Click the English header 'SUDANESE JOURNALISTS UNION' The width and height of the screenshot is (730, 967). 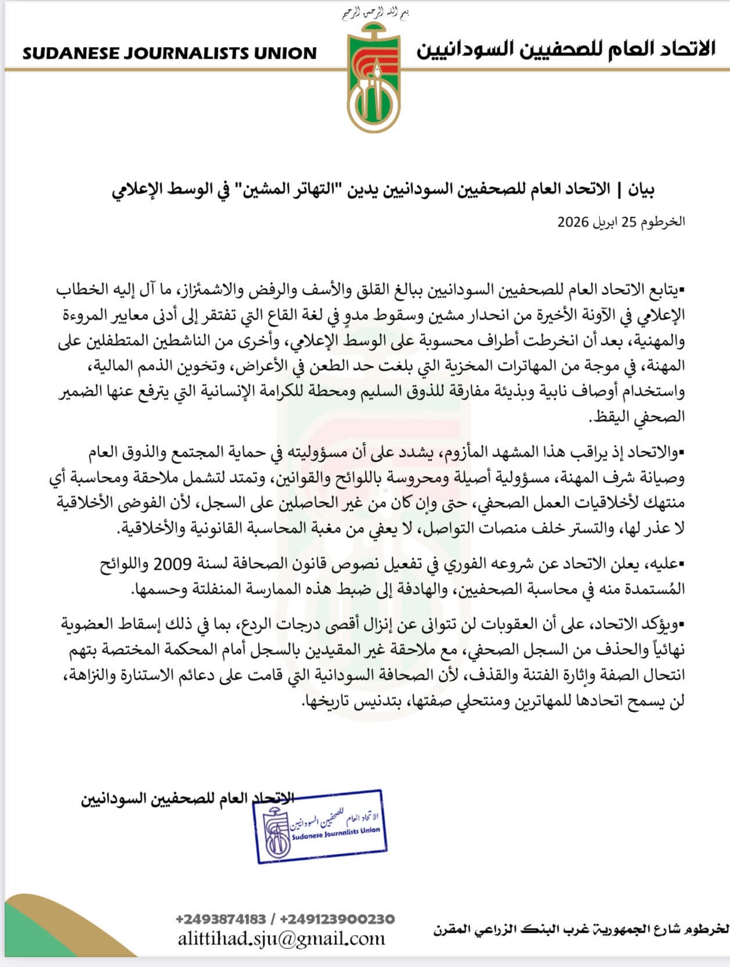169,53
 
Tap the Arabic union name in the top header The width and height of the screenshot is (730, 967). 565,49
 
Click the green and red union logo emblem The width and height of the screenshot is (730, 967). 374,78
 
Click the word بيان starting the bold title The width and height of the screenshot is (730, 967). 642,189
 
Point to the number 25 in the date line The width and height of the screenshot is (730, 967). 629,222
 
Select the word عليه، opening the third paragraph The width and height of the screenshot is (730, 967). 663,563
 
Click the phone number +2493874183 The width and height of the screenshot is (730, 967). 220,919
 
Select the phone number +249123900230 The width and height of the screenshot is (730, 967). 337,919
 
